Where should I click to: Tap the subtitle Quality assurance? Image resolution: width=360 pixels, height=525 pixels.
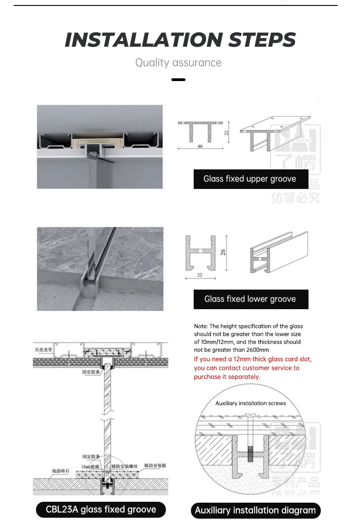pos(178,63)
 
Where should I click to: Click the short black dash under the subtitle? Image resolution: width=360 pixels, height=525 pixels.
pos(178,80)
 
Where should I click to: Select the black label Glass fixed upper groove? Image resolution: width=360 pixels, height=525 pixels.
pos(250,179)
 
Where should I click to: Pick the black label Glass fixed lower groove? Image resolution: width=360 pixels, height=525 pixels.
pos(250,299)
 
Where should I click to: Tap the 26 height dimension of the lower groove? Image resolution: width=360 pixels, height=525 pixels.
pos(223,252)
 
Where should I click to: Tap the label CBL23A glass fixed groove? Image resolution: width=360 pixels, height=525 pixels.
pos(101,509)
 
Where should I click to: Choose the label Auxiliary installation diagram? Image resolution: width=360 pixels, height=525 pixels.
pos(255,510)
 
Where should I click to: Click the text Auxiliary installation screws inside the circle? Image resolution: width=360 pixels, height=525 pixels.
pos(251,403)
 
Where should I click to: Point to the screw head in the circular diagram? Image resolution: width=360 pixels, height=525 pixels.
pos(251,415)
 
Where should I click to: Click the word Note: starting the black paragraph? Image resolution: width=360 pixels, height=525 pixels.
pos(201,326)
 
